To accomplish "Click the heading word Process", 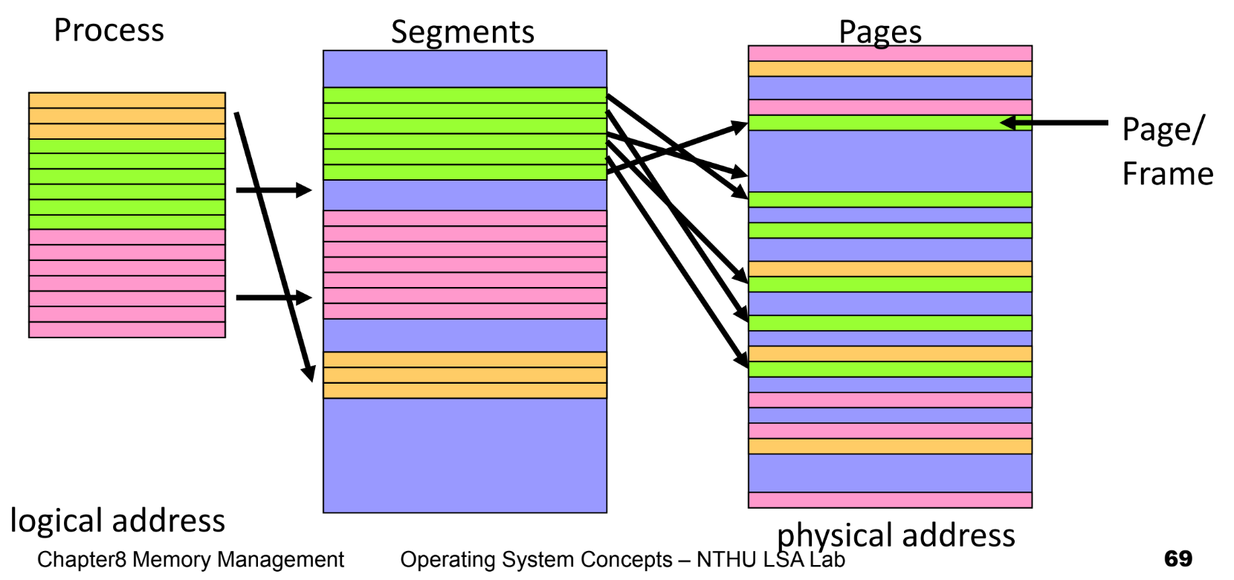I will pyautogui.click(x=109, y=31).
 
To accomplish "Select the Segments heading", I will pyautogui.click(x=462, y=33).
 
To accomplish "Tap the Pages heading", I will pyautogui.click(x=880, y=32).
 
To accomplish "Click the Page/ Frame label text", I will pyautogui.click(x=1166, y=151).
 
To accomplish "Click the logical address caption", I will pyautogui.click(x=117, y=521).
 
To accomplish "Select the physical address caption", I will pyautogui.click(x=896, y=535).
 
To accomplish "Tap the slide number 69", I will pyautogui.click(x=1178, y=558).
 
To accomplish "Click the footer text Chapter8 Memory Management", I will pyautogui.click(x=190, y=559).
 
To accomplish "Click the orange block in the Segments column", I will pyautogui.click(x=465, y=375).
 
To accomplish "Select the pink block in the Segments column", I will pyautogui.click(x=465, y=265).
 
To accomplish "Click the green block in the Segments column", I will pyautogui.click(x=465, y=134).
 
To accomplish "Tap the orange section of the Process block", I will pyautogui.click(x=126, y=116).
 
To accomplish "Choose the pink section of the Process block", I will pyautogui.click(x=126, y=283).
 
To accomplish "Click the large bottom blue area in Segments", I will pyautogui.click(x=465, y=455).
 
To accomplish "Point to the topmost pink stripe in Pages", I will pyautogui.click(x=890, y=54).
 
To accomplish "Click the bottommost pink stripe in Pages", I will pyautogui.click(x=890, y=500).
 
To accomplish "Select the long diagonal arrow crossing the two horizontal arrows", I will pyautogui.click(x=274, y=245).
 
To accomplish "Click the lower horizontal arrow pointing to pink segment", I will pyautogui.click(x=272, y=297).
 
